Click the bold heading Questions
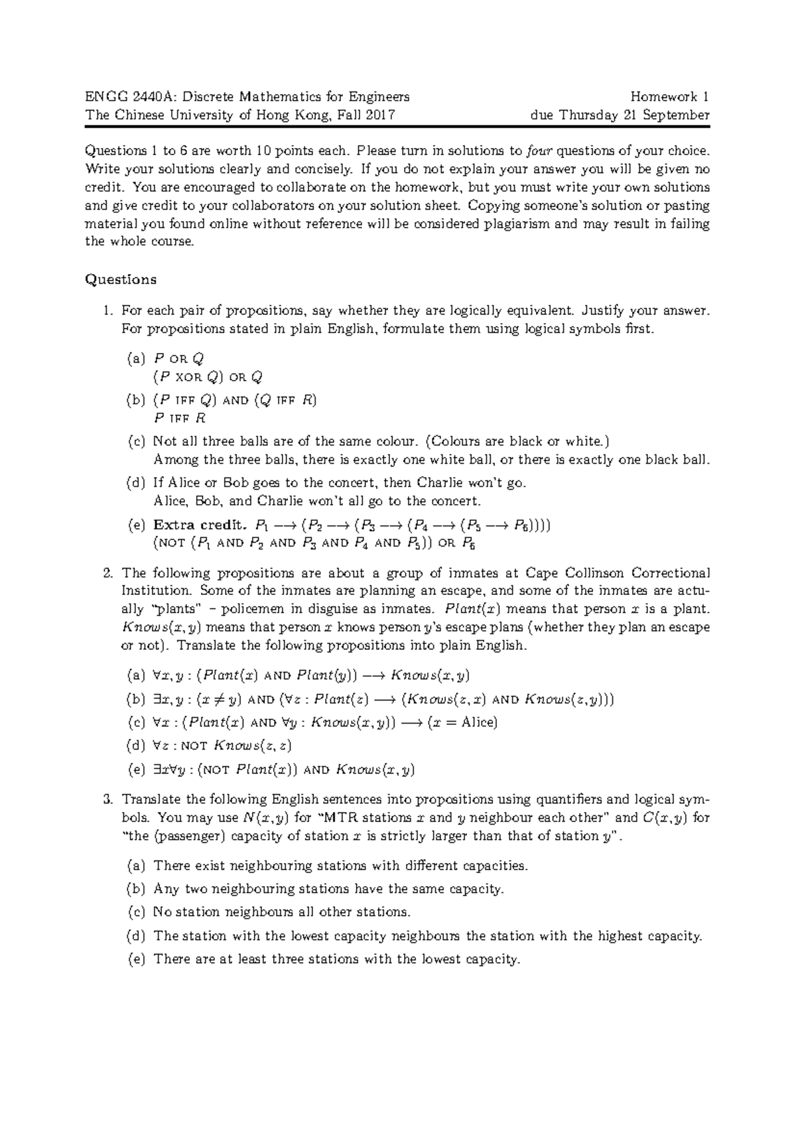121,279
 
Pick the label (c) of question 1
135,441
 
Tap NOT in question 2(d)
194,746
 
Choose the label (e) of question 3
135,959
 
